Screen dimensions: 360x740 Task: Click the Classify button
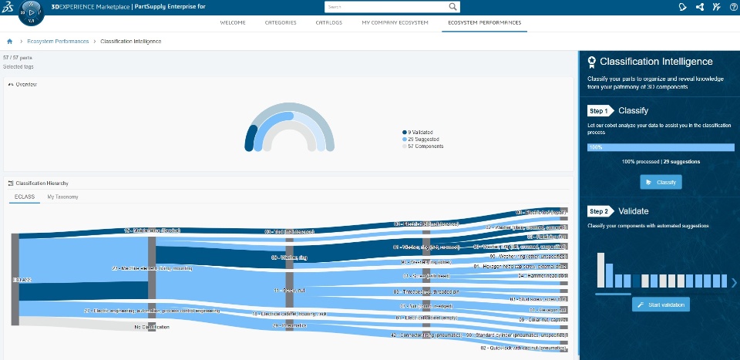661,182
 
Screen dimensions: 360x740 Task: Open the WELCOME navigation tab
233,22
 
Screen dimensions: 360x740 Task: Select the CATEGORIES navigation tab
281,22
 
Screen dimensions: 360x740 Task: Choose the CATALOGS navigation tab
329,22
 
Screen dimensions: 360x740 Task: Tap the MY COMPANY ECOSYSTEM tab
395,22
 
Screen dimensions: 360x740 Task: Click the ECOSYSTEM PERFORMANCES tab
485,22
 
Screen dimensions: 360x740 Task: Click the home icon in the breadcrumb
9,41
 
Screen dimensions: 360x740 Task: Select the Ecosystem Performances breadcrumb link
58,41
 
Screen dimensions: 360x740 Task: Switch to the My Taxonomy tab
62,197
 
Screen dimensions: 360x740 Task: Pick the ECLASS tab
25,197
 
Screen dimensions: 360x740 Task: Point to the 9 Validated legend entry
420,132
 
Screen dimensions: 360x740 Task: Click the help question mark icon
733,6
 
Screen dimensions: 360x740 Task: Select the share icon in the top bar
700,6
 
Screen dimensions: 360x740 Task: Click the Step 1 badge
599,111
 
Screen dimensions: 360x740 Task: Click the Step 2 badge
599,211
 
